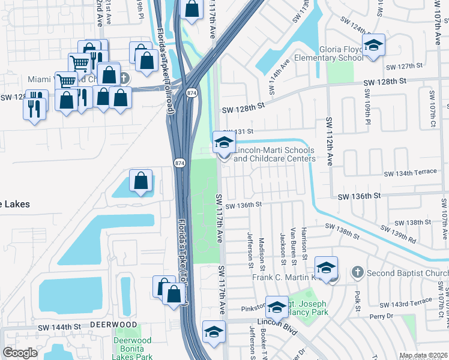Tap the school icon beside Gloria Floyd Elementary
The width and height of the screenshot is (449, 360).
pos(373,46)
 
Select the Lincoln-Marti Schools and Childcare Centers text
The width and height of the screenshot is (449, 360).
pos(274,154)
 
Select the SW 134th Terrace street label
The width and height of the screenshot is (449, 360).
pos(411,172)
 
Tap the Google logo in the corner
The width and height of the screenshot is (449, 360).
pos(20,352)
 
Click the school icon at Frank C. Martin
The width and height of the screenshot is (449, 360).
pos(326,267)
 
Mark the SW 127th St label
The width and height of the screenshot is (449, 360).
pos(406,66)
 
